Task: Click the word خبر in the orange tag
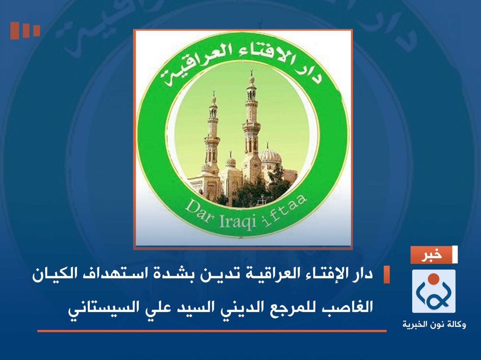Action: (431, 255)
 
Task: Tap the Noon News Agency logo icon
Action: (434, 291)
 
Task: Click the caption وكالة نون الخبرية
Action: (434, 324)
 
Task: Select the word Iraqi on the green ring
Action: (237, 221)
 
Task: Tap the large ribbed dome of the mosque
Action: (270, 157)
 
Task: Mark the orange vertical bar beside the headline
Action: (386, 274)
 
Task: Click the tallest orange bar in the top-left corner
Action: (15, 30)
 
